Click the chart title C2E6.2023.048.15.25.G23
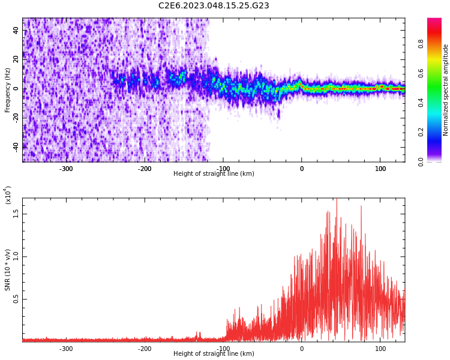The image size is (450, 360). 214,5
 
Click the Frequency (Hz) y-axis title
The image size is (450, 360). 8,89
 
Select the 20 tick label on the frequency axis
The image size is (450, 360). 16,59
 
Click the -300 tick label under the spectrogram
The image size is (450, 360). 66,169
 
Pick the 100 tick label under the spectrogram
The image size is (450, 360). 380,169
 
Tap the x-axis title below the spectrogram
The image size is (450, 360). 214,174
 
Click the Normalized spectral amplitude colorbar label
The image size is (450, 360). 446,89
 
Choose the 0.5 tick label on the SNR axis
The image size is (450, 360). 16,299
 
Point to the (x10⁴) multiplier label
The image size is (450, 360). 8,194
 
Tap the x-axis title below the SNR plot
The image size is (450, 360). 214,354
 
